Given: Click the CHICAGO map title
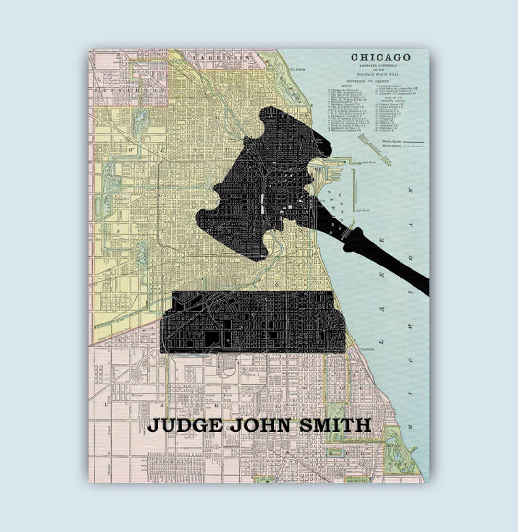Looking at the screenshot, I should (380, 57).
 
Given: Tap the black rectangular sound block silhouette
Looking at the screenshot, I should (253, 322).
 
